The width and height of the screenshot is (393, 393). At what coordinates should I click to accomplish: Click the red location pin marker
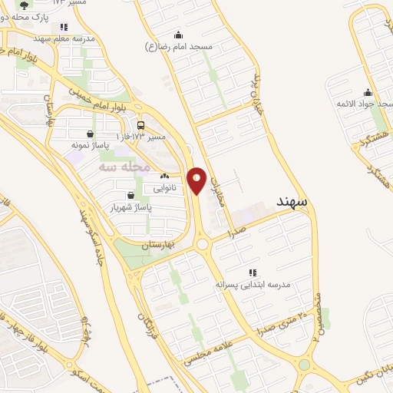(x=197, y=180)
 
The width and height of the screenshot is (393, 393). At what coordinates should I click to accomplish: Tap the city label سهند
(x=292, y=201)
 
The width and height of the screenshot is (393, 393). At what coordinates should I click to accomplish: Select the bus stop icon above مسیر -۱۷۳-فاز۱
(x=140, y=125)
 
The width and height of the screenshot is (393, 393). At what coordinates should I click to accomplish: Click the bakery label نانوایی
(x=164, y=187)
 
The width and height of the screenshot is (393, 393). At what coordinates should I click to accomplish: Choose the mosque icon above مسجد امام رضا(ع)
(x=179, y=35)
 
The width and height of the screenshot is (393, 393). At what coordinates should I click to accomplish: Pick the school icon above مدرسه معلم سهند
(x=64, y=27)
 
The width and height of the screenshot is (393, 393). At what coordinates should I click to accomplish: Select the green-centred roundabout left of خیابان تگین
(x=305, y=365)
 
